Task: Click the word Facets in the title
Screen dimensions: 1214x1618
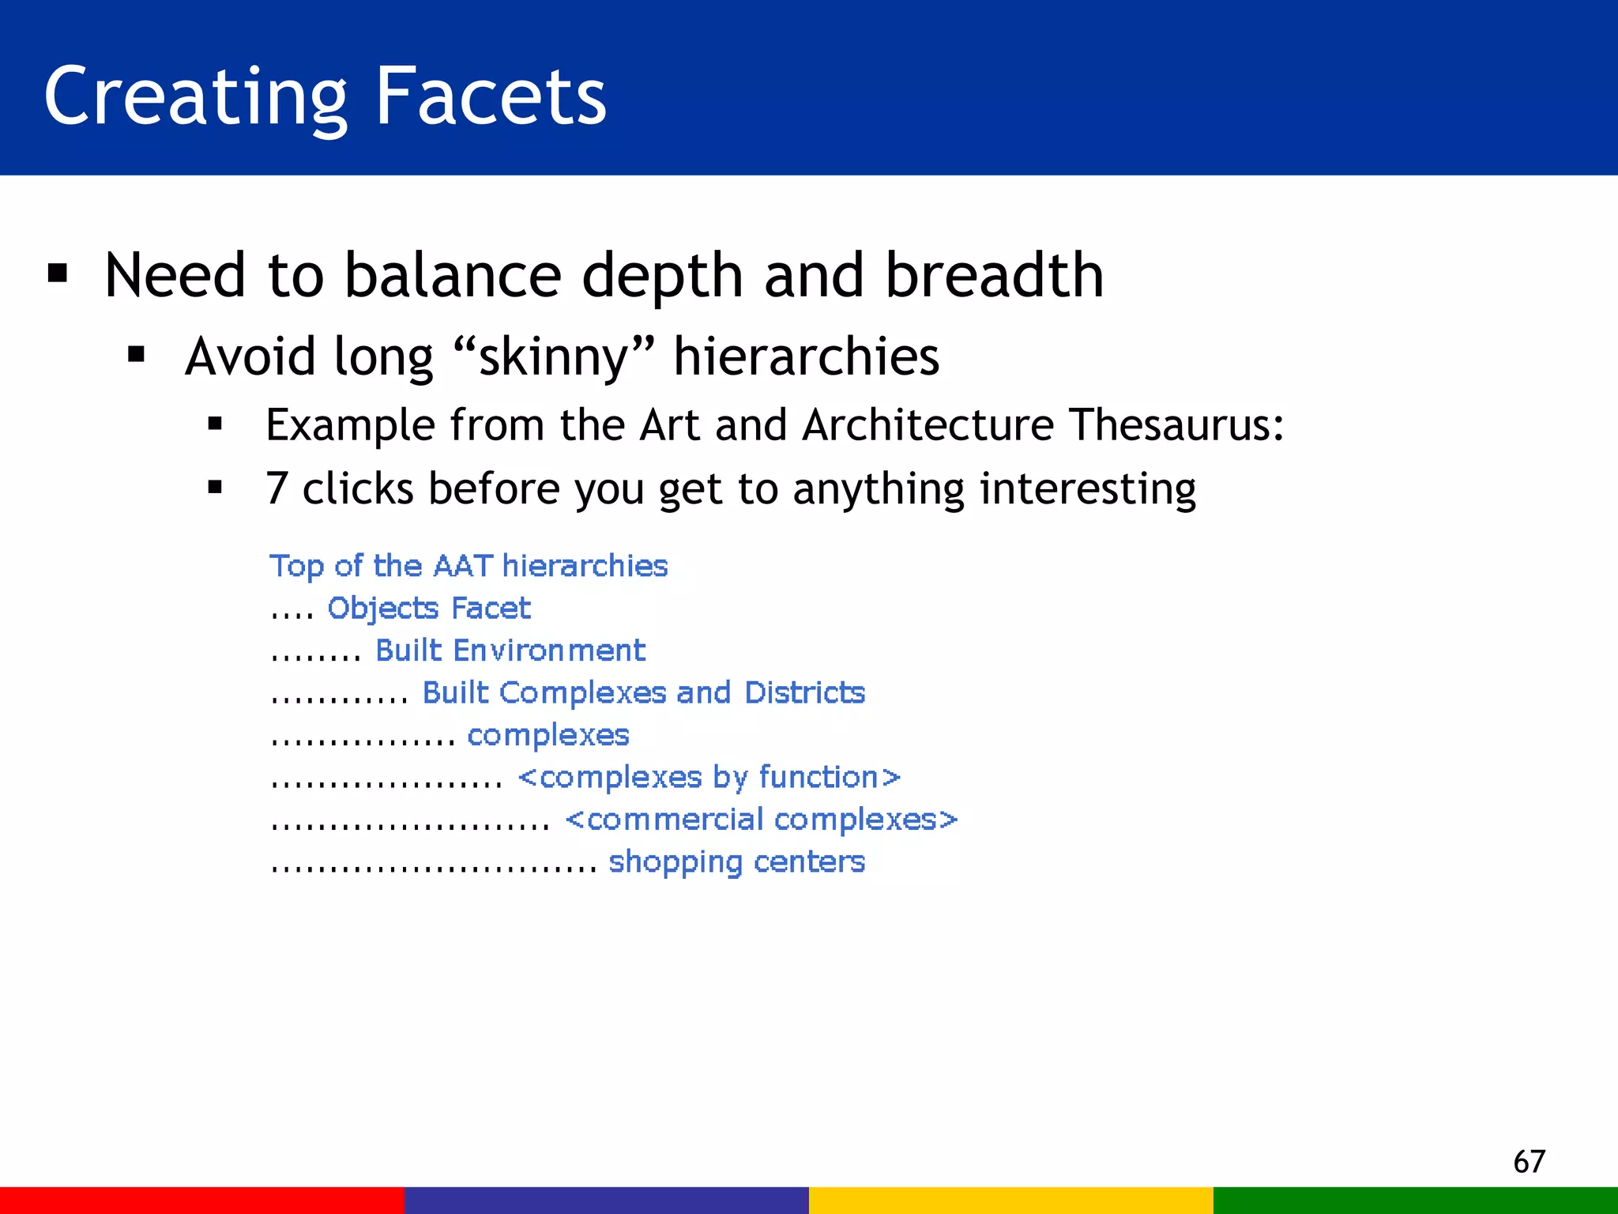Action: (x=490, y=96)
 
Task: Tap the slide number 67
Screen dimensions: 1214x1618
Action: (x=1529, y=1162)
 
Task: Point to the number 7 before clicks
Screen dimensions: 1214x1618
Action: (x=277, y=488)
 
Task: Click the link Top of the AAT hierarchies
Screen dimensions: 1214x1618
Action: (x=468, y=566)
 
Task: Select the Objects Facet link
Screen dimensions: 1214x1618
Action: (x=428, y=609)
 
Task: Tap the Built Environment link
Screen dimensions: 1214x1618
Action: (x=510, y=650)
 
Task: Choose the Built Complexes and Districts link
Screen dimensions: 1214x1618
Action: (x=643, y=693)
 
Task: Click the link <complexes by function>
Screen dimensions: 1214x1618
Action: (x=709, y=778)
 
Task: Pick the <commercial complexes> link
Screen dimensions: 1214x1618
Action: (x=761, y=820)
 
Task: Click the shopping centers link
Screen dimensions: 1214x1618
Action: (x=736, y=862)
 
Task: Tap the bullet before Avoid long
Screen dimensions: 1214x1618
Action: (x=137, y=356)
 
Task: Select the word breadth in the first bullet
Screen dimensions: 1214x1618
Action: (x=994, y=275)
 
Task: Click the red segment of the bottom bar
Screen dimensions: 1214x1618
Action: (x=202, y=1200)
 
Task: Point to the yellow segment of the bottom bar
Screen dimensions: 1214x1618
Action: (x=1011, y=1200)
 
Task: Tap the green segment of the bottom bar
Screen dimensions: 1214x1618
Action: (x=1416, y=1200)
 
